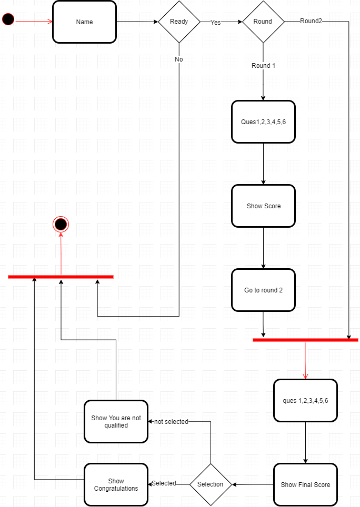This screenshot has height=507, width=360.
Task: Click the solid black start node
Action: tap(8, 19)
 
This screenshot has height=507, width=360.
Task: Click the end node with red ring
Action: tap(61, 225)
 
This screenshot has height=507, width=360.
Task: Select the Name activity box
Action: tap(84, 22)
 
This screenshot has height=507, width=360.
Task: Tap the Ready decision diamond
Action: tap(179, 22)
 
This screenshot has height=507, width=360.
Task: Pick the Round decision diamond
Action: tap(263, 22)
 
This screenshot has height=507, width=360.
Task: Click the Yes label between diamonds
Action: tap(216, 23)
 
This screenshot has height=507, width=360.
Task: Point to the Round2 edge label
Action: tap(311, 21)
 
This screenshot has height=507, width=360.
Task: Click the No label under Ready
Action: tap(179, 59)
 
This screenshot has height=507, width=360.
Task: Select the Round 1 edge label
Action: tap(263, 66)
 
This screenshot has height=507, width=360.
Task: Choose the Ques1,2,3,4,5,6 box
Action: tap(263, 122)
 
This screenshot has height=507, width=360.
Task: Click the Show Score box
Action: tap(263, 206)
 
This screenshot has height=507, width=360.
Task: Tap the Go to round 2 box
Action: tap(263, 290)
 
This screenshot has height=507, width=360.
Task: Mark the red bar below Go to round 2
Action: tap(305, 340)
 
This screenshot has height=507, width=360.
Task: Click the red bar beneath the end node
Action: tap(61, 277)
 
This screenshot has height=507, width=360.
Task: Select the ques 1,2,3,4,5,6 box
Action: tap(305, 401)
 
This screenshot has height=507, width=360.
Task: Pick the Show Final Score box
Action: tap(305, 484)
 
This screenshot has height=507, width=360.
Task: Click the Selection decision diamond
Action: tap(211, 484)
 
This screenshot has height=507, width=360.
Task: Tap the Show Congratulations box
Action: tap(116, 484)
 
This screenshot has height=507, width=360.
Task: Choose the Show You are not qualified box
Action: tap(116, 422)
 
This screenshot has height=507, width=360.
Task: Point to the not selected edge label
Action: tap(171, 422)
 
